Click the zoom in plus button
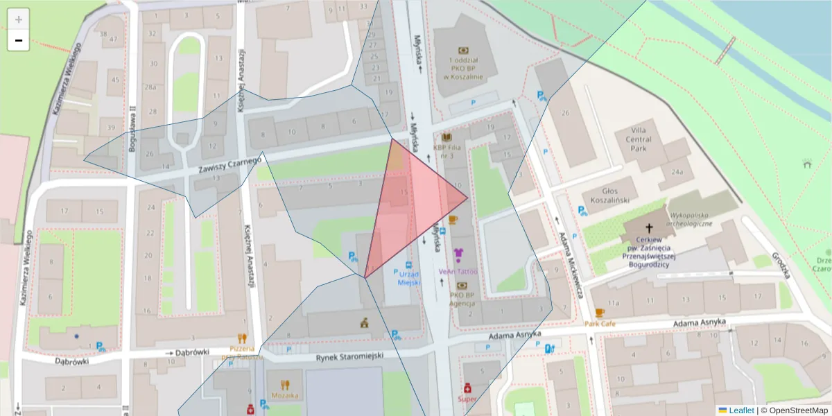[x=19, y=19]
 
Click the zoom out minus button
[x=19, y=41]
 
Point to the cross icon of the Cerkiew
[x=650, y=228]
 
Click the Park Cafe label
[x=599, y=324]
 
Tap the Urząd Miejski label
[x=408, y=278]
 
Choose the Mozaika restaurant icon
[x=285, y=384]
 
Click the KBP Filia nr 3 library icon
[x=447, y=137]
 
